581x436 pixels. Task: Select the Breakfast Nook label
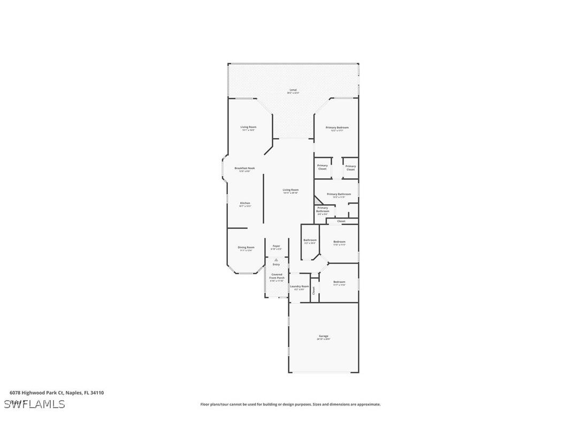pyautogui.click(x=244, y=169)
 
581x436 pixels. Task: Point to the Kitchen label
pyautogui.click(x=244, y=204)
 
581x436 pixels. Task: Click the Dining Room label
pyautogui.click(x=246, y=248)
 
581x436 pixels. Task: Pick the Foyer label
pyautogui.click(x=276, y=247)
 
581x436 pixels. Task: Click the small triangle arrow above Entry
pyautogui.click(x=276, y=260)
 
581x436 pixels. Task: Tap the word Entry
pyautogui.click(x=276, y=264)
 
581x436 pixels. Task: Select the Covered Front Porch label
pyautogui.click(x=276, y=276)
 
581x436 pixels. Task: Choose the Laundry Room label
pyautogui.click(x=299, y=287)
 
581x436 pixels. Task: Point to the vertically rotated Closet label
pyautogui.click(x=314, y=290)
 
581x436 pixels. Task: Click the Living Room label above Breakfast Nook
pyautogui.click(x=248, y=128)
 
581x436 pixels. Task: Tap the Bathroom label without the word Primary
pyautogui.click(x=310, y=241)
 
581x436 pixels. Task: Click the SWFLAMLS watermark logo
pyautogui.click(x=34, y=404)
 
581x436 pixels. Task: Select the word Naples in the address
pyautogui.click(x=75, y=393)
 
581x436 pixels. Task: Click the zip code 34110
pyautogui.click(x=97, y=393)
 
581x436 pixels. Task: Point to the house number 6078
pyautogui.click(x=16, y=393)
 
